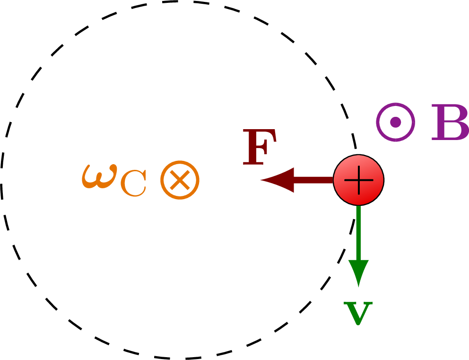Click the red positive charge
click(x=359, y=180)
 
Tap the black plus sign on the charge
click(x=359, y=180)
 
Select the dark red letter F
click(x=260, y=147)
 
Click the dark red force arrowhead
click(x=277, y=180)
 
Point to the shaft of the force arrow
click(x=313, y=180)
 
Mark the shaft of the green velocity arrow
click(x=359, y=233)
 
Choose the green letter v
click(x=358, y=313)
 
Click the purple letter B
click(x=450, y=122)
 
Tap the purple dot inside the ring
click(x=396, y=122)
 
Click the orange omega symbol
click(x=99, y=176)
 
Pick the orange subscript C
click(x=133, y=184)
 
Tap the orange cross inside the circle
click(x=180, y=180)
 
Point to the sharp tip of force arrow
click(x=261, y=180)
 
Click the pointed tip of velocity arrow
click(x=359, y=287)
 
